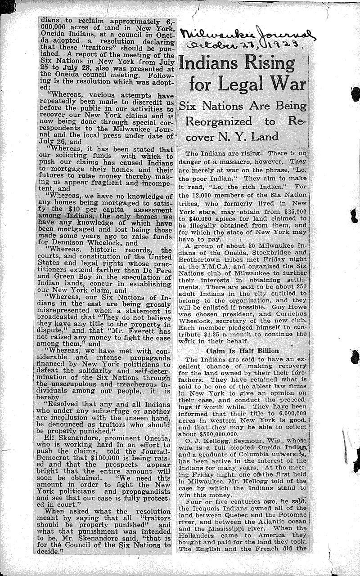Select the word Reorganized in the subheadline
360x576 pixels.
click(x=219, y=122)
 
